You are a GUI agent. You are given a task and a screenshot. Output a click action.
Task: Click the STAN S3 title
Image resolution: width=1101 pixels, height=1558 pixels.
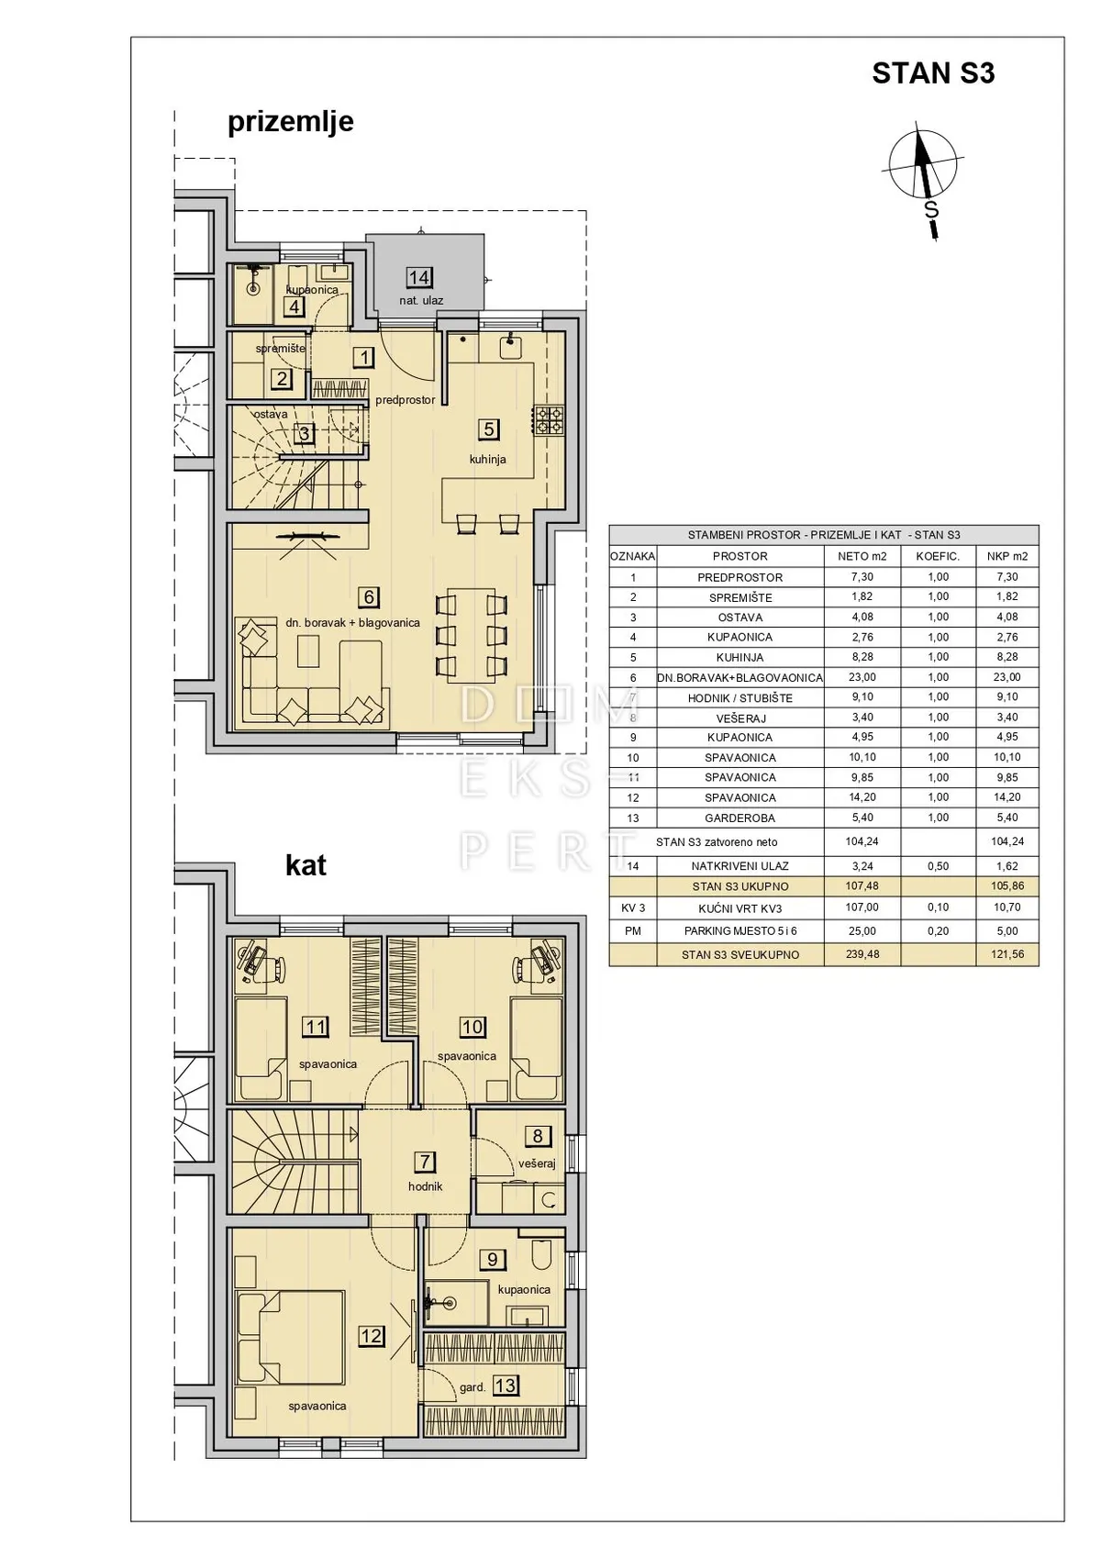coord(933,73)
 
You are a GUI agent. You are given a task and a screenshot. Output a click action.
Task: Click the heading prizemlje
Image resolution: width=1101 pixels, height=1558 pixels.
coord(291,122)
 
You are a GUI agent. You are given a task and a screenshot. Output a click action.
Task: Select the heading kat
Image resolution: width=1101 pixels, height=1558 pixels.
coord(306,865)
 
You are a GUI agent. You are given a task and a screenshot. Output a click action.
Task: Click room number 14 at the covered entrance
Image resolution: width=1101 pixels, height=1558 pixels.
coord(419,277)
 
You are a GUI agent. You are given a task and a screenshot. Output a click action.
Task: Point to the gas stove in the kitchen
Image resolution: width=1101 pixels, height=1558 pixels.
coord(549,418)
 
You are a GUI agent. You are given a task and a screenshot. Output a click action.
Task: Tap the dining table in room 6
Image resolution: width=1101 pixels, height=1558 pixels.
coord(471,632)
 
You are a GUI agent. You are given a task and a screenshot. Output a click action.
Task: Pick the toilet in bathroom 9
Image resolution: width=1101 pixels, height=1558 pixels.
coord(539,1253)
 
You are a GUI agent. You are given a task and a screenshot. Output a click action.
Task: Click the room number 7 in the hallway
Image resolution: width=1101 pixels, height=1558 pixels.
coord(424,1161)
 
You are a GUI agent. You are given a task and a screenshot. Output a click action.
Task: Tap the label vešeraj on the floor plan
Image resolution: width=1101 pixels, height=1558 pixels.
coord(536,1163)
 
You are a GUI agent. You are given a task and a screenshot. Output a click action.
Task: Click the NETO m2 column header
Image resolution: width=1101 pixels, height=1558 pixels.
coord(862,556)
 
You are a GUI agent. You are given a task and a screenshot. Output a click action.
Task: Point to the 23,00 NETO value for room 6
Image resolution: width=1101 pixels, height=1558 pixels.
coord(862,677)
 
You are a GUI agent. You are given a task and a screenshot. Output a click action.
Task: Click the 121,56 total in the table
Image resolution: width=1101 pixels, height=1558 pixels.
coord(1006,954)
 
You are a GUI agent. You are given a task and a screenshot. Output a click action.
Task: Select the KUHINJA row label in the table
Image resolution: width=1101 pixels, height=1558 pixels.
coord(740,657)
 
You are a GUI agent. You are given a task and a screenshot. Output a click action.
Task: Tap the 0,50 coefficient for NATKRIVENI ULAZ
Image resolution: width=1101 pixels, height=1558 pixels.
coord(939,866)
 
